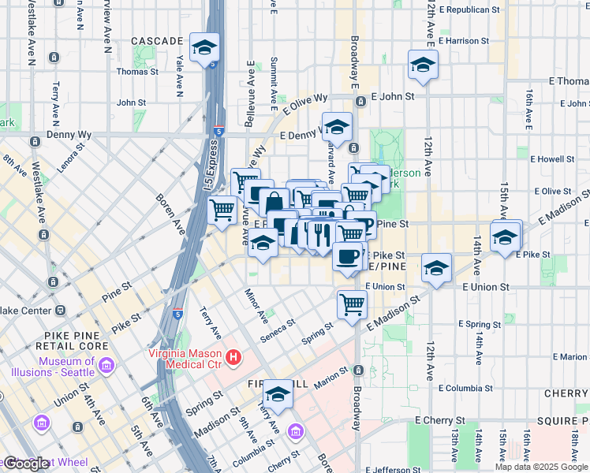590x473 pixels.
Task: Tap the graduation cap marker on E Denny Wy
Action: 337,127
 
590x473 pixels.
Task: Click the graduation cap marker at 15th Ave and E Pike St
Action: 505,236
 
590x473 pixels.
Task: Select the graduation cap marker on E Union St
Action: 436,268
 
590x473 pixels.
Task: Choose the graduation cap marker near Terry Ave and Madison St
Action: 278,394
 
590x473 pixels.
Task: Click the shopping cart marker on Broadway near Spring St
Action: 352,304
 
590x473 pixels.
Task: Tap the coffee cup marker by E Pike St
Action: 348,256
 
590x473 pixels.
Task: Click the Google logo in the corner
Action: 25,464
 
